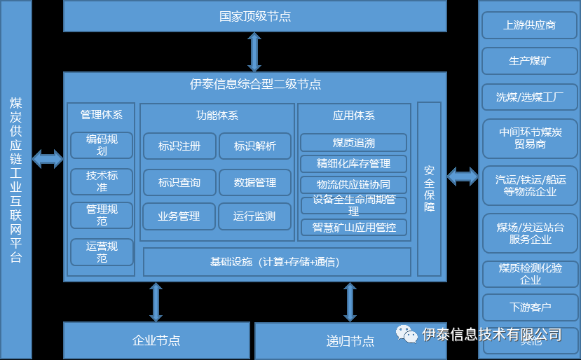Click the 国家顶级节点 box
point(254,16)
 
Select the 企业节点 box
point(156,340)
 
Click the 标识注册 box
point(179,146)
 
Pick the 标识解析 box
point(255,146)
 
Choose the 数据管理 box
point(255,182)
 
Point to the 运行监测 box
point(254,216)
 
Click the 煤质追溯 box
point(354,142)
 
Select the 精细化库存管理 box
point(354,164)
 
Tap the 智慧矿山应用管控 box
point(354,227)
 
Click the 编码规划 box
point(102,145)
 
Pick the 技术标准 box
point(102,181)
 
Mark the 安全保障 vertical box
point(429,188)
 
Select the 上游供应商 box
point(529,25)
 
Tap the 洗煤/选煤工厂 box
point(529,97)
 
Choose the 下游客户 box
point(529,307)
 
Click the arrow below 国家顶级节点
point(254,52)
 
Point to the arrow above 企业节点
point(156,302)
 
